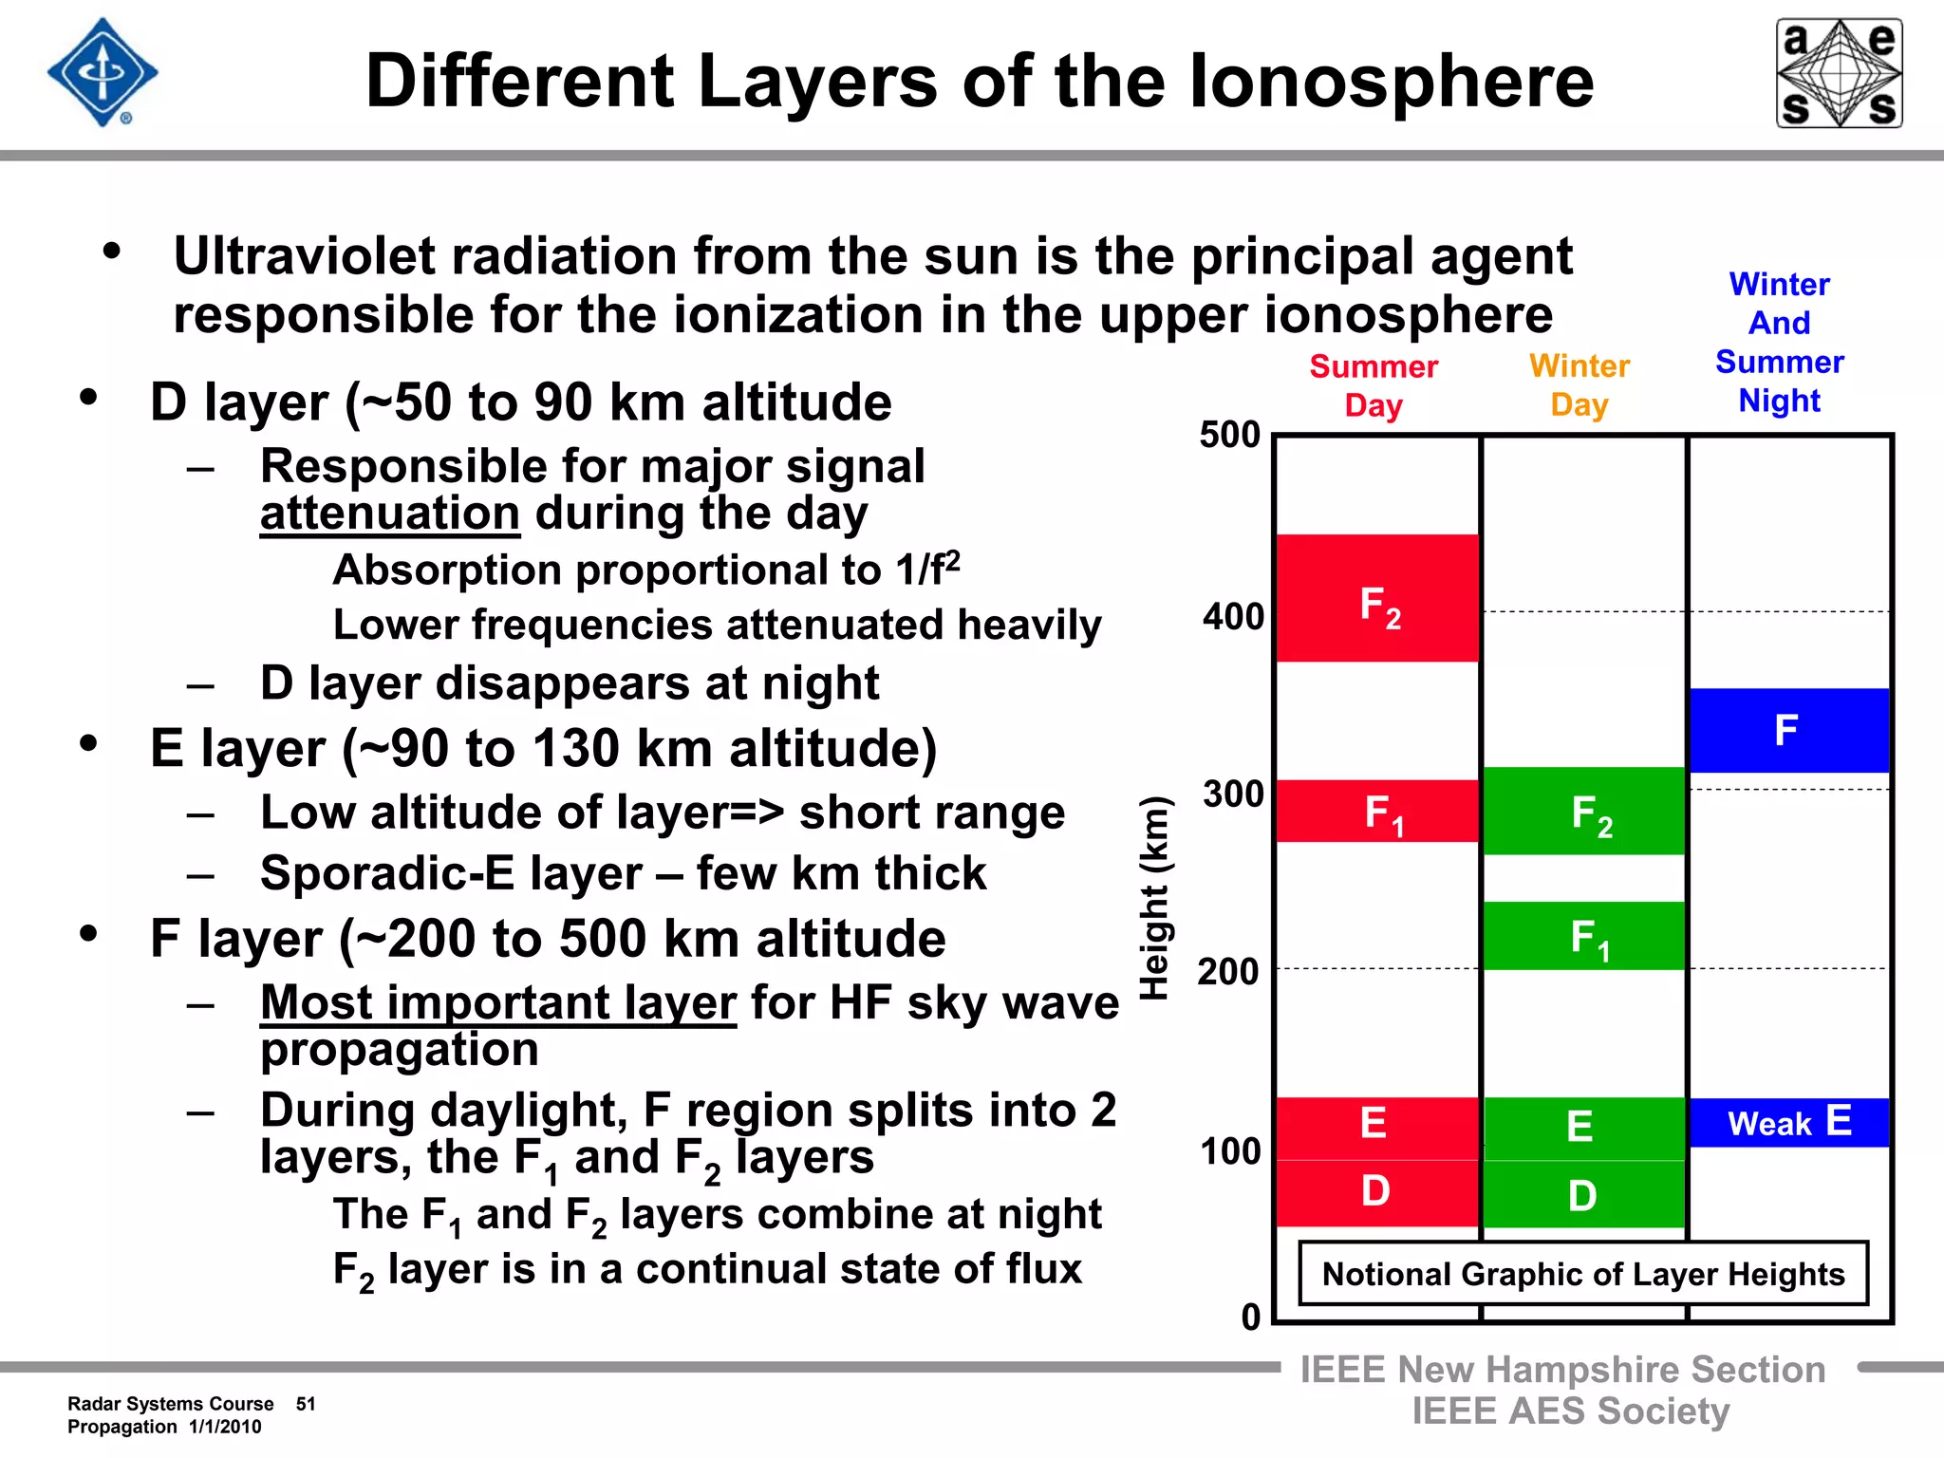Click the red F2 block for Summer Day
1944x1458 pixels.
(x=1377, y=598)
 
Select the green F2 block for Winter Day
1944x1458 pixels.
(x=1584, y=812)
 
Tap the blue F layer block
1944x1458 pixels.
(x=1789, y=730)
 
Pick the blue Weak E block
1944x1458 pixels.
(x=1789, y=1123)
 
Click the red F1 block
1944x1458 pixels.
(x=1377, y=812)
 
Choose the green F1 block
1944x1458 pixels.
(x=1584, y=936)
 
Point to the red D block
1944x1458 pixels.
(x=1377, y=1193)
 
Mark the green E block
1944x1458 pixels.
(x=1584, y=1129)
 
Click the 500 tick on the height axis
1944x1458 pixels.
(x=1230, y=435)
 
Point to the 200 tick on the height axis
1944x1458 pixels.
(x=1228, y=972)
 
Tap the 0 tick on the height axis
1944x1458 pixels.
(x=1251, y=1318)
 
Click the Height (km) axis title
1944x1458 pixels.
(x=1155, y=898)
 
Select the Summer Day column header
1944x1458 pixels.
(x=1374, y=385)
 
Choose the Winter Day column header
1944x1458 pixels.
(x=1579, y=384)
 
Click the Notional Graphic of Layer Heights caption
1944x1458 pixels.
(x=1583, y=1274)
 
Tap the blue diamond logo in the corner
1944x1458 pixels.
(x=103, y=73)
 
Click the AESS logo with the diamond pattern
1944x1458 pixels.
(x=1839, y=73)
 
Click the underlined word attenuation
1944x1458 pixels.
(x=390, y=514)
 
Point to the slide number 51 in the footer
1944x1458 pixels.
(x=306, y=1404)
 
